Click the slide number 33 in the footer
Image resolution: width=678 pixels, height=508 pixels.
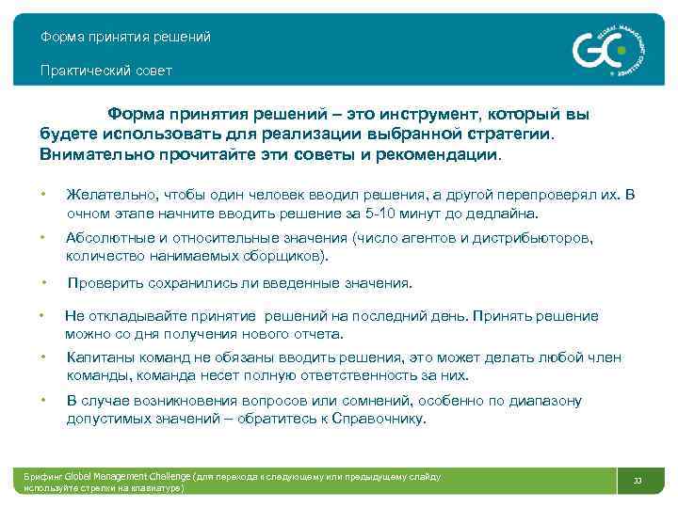[638, 482]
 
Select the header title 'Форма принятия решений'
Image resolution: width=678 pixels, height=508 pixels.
[125, 38]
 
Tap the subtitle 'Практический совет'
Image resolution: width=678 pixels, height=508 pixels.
[105, 71]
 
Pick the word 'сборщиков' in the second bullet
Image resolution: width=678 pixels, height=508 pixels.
[282, 256]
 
